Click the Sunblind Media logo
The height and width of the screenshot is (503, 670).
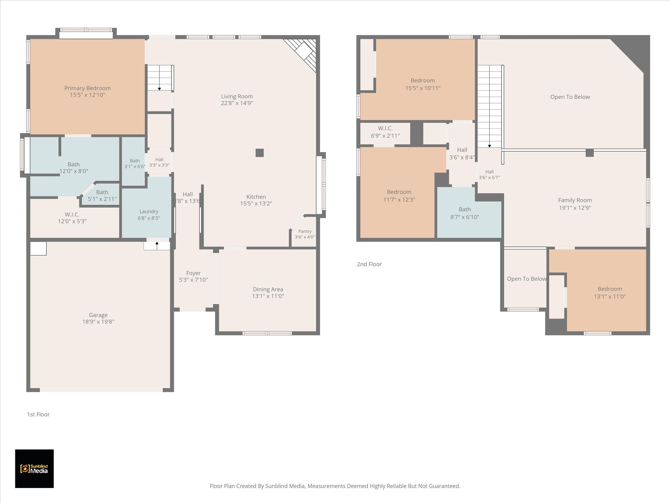(34, 469)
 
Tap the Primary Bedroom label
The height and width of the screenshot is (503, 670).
(87, 88)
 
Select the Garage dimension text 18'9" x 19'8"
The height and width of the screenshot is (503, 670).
(98, 322)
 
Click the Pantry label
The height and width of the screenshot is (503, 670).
(305, 231)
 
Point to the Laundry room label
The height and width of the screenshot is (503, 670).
(149, 212)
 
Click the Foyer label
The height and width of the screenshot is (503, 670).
(193, 273)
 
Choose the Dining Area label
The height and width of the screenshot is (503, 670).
(268, 289)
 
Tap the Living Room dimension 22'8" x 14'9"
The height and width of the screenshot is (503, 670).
(237, 103)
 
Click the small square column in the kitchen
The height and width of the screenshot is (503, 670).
(260, 153)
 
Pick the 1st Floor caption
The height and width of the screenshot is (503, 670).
(38, 414)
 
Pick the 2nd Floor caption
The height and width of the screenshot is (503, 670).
(369, 264)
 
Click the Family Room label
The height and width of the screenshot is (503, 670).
(575, 200)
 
